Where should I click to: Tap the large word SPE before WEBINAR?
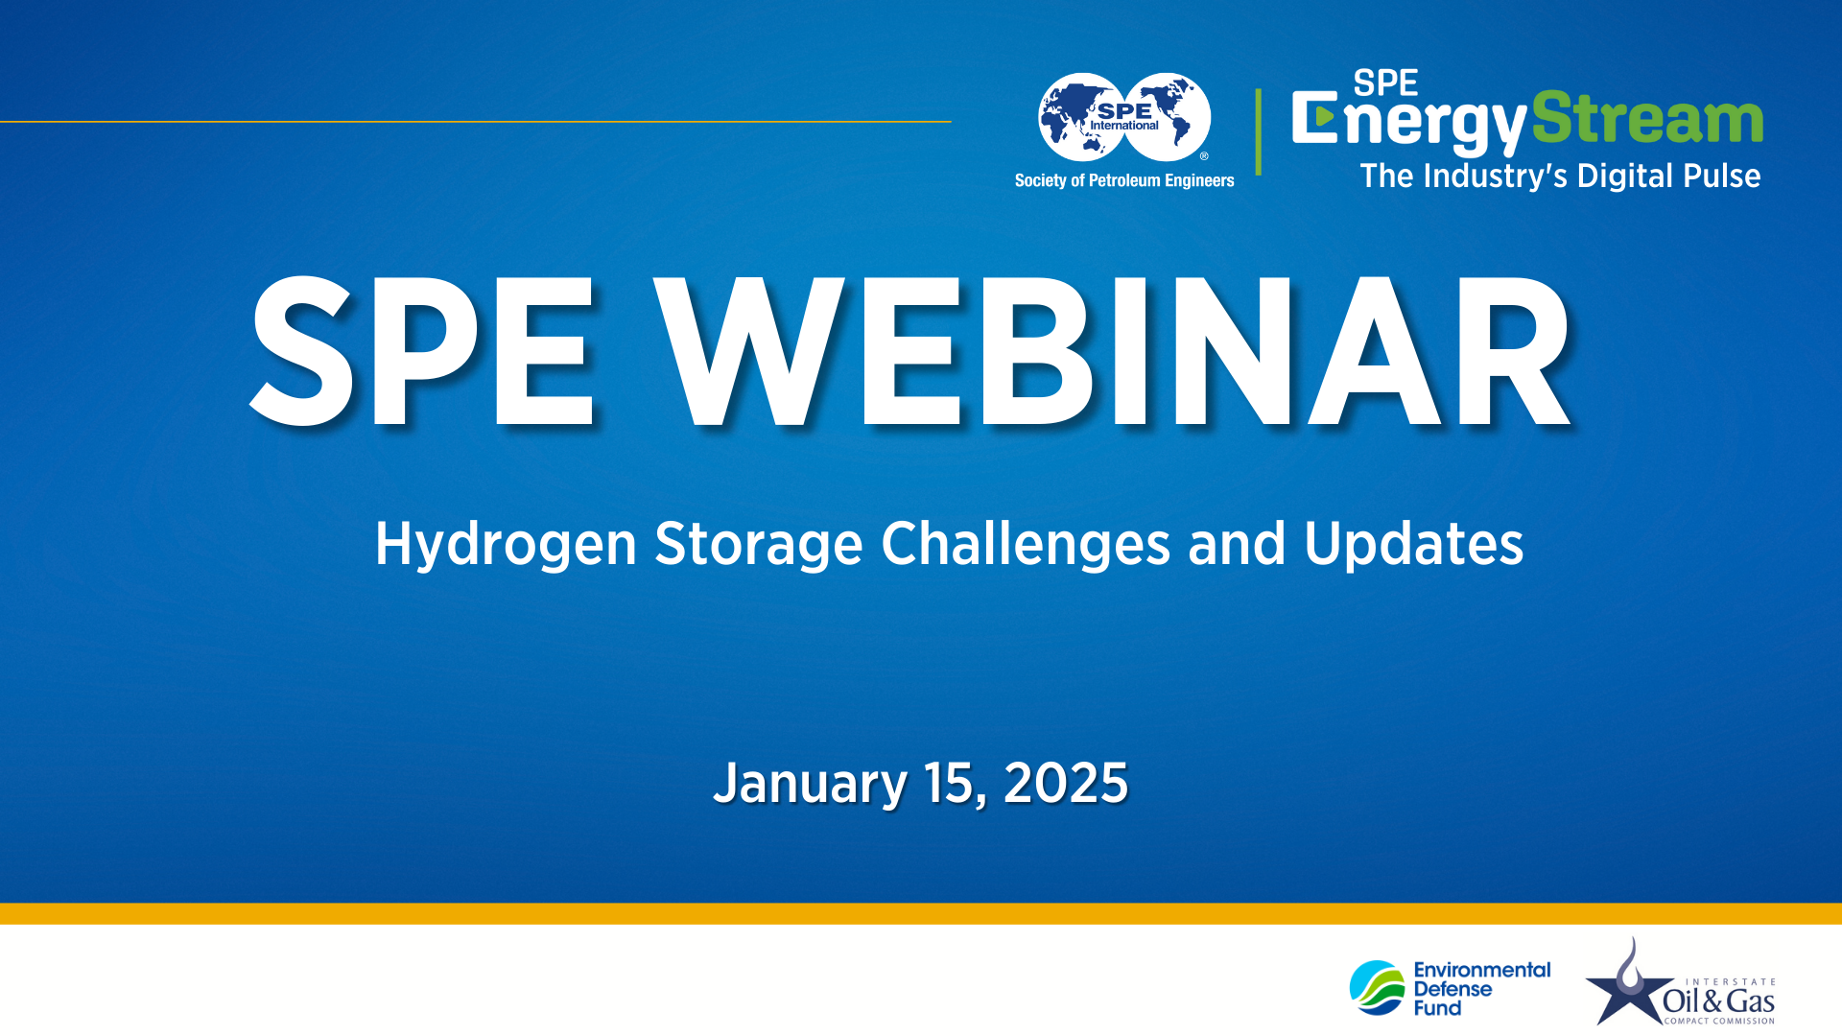pos(422,351)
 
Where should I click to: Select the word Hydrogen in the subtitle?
pos(506,544)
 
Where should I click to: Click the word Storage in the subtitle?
pos(758,544)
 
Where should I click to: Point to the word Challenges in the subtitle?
pos(1025,544)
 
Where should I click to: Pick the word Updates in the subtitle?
pos(1413,544)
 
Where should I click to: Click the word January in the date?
pos(810,784)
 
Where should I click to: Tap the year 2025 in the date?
pos(1065,784)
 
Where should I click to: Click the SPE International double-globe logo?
pos(1124,117)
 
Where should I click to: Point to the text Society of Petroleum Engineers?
pos(1124,180)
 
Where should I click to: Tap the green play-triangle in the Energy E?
pos(1324,117)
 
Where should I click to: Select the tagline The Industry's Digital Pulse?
pos(1560,177)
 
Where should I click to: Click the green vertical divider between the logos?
pos(1258,132)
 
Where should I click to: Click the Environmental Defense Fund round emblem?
pos(1378,988)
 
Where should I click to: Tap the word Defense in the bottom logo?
pos(1452,989)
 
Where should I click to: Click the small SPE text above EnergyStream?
pos(1385,83)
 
